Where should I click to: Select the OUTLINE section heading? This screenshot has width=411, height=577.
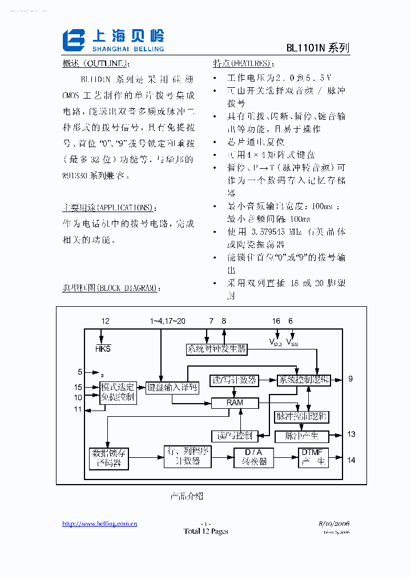(96, 63)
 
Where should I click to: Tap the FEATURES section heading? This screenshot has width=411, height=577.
(241, 63)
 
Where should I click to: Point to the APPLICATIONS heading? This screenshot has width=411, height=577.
(108, 208)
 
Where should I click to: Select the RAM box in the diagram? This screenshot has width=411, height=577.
(235, 403)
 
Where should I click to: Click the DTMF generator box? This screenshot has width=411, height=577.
(313, 457)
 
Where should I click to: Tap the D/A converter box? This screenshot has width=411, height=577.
(253, 457)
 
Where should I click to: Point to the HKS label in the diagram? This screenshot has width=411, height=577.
(103, 348)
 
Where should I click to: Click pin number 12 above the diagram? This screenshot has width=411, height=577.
(105, 322)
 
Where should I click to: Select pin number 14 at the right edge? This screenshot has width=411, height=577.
(351, 460)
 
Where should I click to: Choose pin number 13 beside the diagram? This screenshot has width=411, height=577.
(351, 434)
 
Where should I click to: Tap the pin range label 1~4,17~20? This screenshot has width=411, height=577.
(168, 322)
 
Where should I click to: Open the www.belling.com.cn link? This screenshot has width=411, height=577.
(99, 524)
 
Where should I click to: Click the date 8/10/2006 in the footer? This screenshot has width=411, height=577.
(334, 523)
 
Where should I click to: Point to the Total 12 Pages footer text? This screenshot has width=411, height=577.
(205, 531)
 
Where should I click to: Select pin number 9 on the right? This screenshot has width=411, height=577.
(350, 379)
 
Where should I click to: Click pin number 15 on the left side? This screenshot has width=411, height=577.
(78, 387)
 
